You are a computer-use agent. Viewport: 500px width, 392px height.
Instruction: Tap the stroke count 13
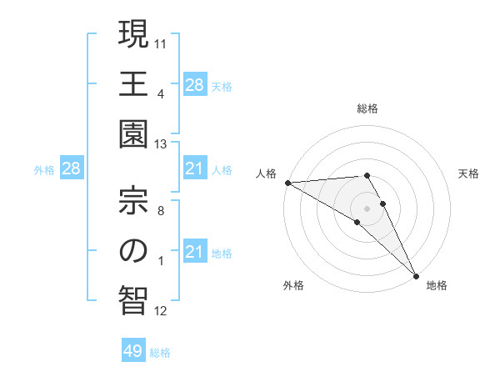point(162,144)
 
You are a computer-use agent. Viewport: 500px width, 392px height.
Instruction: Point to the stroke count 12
point(162,311)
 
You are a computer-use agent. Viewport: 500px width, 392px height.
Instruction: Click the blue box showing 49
point(133,351)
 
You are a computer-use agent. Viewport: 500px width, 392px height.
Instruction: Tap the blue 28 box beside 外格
point(71,169)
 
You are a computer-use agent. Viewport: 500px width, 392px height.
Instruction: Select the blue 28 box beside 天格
point(194,85)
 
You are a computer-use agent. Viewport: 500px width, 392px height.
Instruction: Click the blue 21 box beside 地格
point(194,252)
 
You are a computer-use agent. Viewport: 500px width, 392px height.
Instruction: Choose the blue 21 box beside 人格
point(194,169)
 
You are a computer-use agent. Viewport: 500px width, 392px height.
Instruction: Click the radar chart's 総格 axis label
point(367,108)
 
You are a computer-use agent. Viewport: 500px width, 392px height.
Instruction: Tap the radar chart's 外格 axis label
point(293,286)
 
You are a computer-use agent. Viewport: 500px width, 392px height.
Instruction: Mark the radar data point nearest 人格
point(287,183)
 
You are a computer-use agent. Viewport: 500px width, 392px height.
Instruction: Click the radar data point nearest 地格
point(416,274)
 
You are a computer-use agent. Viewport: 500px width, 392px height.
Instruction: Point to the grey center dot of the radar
point(367,207)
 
